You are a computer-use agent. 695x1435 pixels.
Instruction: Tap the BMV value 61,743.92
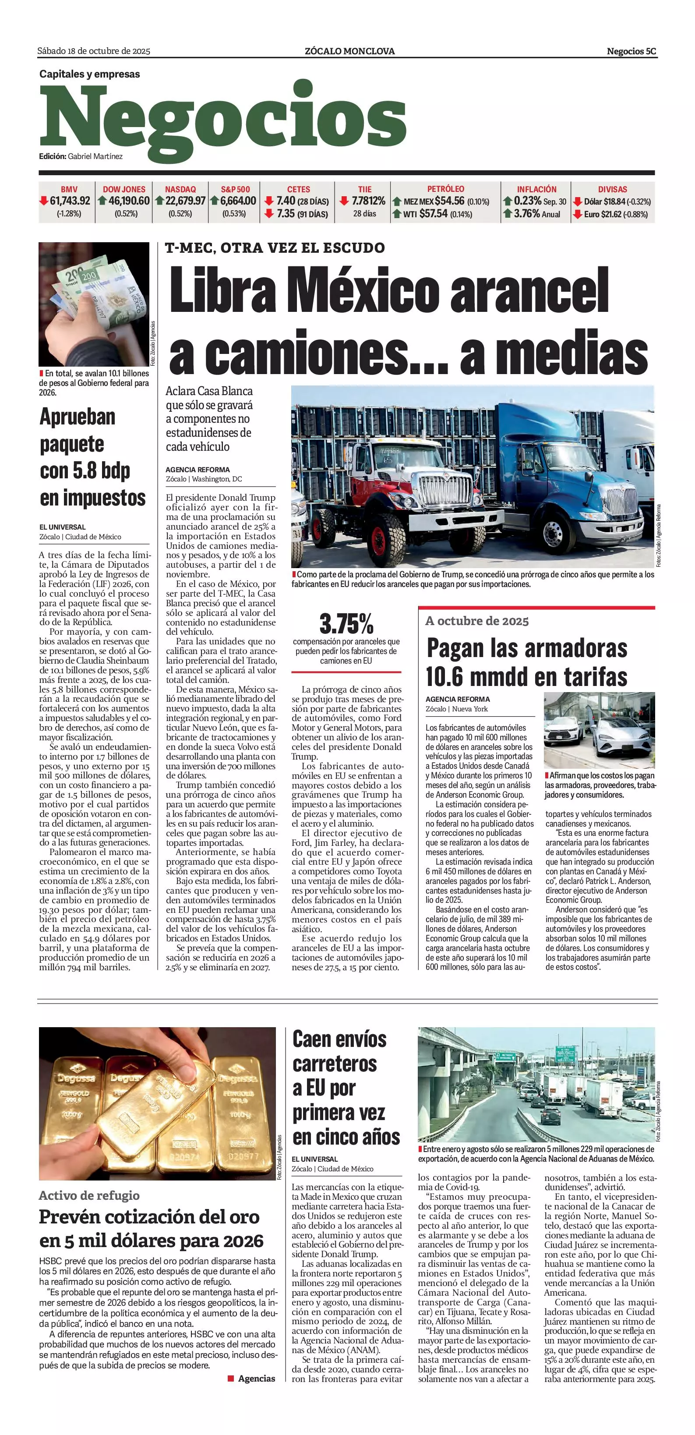70,201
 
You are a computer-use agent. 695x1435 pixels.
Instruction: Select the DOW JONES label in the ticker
123,189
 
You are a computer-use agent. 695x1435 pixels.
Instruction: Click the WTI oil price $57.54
433,213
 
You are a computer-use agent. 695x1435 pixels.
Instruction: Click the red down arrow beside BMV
43,201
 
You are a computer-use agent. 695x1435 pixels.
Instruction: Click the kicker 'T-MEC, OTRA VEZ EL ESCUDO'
275,248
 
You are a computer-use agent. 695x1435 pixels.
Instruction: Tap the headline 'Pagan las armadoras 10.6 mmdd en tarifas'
526,662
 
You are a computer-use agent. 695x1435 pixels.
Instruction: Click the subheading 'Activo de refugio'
89,1195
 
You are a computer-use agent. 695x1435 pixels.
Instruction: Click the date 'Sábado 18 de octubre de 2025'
94,51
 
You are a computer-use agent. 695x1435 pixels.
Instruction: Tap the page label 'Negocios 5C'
631,51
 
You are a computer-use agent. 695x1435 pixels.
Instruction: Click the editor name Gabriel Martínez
95,156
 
